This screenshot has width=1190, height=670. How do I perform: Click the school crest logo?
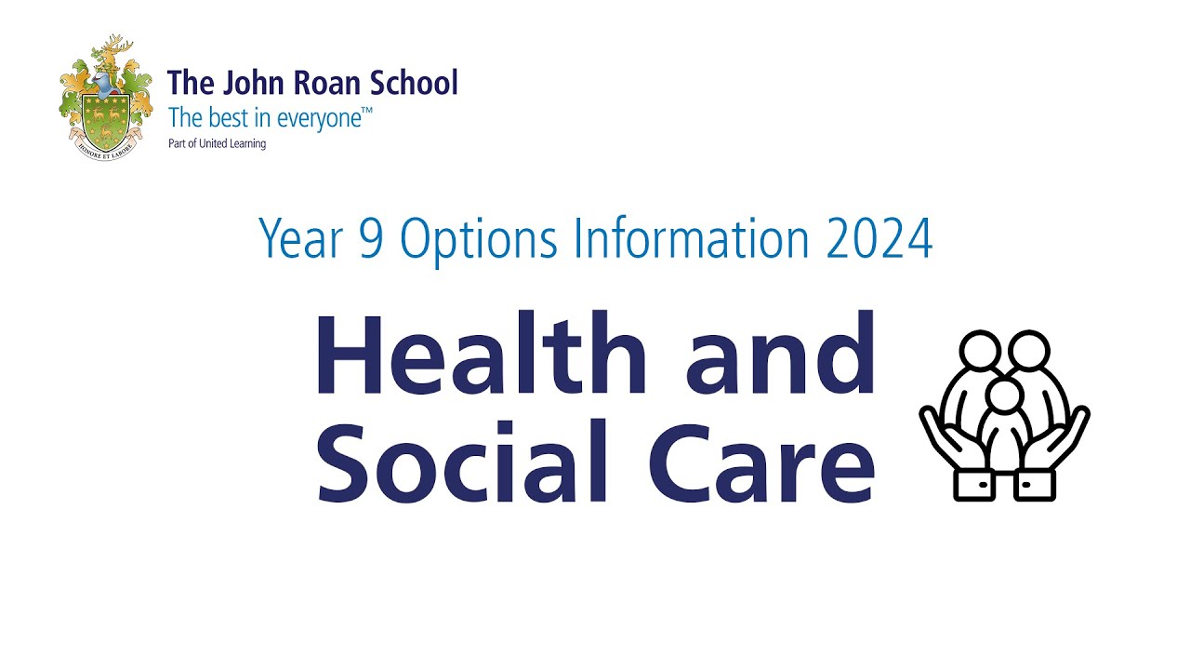pyautogui.click(x=105, y=98)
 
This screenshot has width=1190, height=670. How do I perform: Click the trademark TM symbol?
pyautogui.click(x=367, y=112)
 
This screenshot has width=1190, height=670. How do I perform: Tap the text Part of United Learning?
pyautogui.click(x=216, y=144)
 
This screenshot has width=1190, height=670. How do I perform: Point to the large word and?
pyautogui.click(x=780, y=355)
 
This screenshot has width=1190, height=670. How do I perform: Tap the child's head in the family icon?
pyautogui.click(x=1004, y=397)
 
